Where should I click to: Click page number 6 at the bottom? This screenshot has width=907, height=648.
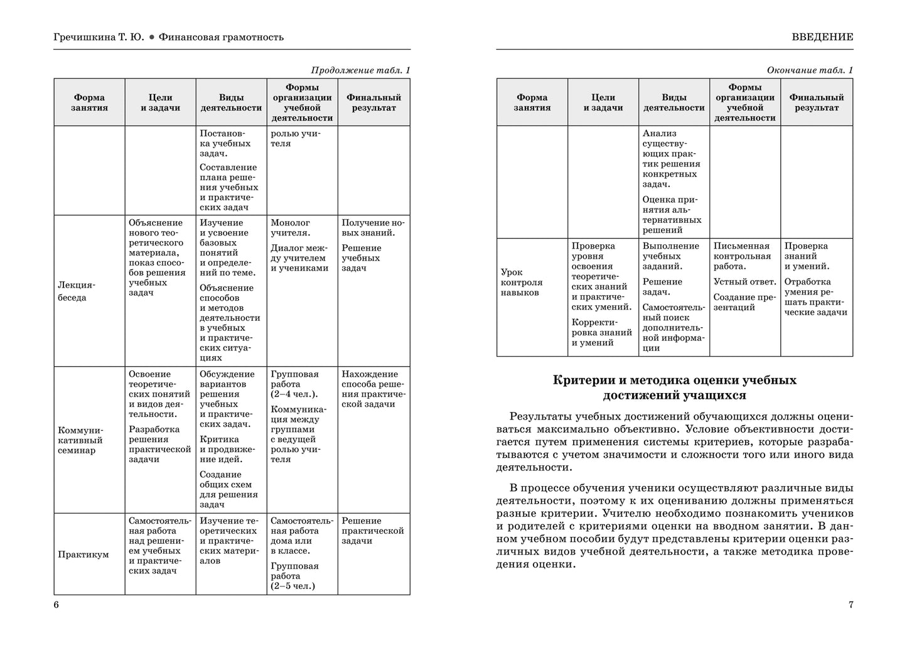tap(56, 605)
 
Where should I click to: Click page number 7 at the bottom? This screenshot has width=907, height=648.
tap(851, 605)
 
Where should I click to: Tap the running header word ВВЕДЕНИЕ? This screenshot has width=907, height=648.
tap(822, 37)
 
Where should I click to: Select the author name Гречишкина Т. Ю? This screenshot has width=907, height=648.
tap(99, 37)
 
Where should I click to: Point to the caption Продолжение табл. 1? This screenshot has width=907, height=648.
tap(360, 70)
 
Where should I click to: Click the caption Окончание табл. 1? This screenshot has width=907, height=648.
tap(810, 70)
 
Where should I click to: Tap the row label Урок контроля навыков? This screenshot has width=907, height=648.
tap(522, 283)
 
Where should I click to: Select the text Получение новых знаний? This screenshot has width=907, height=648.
tap(373, 228)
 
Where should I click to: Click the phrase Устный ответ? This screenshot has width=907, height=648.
tap(744, 282)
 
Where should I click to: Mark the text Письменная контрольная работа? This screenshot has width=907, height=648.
tap(741, 256)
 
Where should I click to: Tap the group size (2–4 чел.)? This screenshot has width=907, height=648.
tap(294, 394)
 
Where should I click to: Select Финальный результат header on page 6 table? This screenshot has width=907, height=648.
tap(373, 102)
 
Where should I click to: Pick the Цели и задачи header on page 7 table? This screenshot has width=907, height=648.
tap(603, 102)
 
